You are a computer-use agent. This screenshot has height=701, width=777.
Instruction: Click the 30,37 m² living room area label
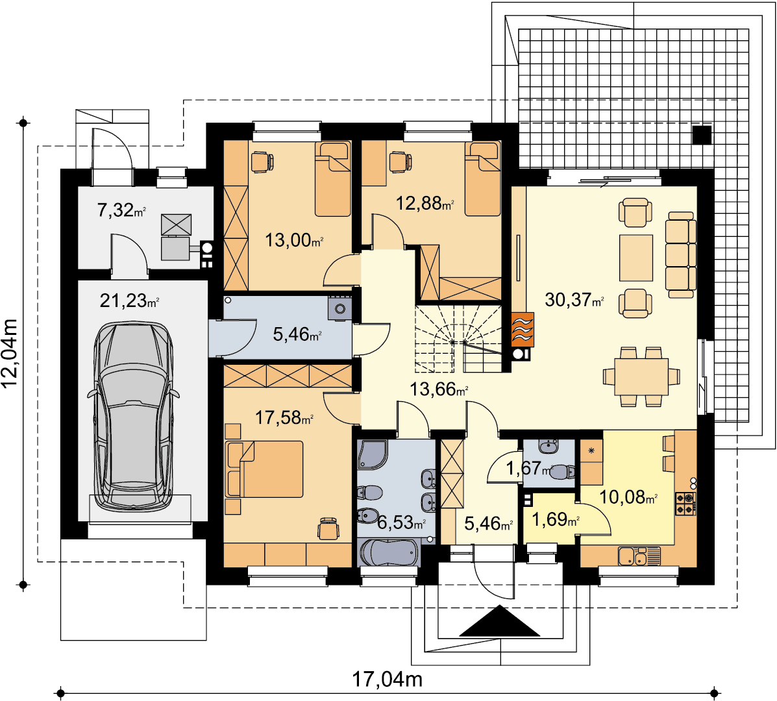click(x=574, y=300)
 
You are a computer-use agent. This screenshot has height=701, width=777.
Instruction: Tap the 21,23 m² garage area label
click(x=129, y=301)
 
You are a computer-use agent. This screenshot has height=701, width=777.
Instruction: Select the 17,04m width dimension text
click(x=387, y=679)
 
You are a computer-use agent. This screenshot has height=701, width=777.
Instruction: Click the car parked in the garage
click(x=133, y=416)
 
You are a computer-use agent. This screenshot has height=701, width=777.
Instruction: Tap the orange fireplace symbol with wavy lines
click(x=523, y=329)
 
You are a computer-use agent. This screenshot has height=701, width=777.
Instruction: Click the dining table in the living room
click(x=641, y=376)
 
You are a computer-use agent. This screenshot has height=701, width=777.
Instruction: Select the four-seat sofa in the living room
click(x=681, y=254)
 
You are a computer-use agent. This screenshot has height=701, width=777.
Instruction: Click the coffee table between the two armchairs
click(x=635, y=258)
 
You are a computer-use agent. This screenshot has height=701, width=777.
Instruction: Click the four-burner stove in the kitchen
click(x=686, y=503)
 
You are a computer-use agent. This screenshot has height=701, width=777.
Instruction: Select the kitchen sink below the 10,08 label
click(x=640, y=556)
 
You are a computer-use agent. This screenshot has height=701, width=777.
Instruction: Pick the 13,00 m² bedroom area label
click(x=294, y=240)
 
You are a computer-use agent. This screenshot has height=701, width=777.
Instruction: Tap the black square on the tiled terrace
click(x=702, y=135)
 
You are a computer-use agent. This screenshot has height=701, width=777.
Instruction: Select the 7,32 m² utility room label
click(x=121, y=210)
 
